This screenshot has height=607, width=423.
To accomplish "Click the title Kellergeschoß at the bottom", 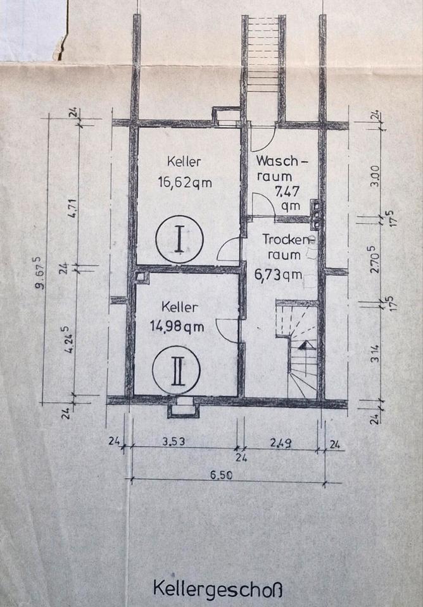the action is [211, 587].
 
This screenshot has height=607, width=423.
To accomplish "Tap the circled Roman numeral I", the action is [180, 239].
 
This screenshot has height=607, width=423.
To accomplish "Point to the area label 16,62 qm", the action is [185, 183].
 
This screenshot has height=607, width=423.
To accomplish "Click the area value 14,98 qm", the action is [181, 327].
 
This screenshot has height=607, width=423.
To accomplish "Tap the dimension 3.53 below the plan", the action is [172, 442].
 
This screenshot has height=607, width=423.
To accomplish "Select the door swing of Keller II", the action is [228, 330].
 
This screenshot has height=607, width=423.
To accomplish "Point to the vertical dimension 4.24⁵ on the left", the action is [72, 338].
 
